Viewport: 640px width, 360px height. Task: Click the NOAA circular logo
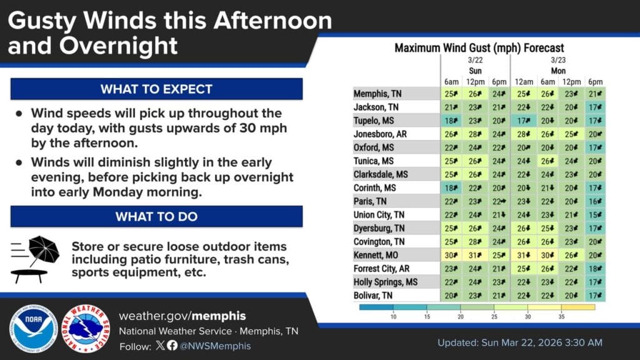(x=34, y=329)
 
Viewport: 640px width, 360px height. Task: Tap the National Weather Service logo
(x=86, y=329)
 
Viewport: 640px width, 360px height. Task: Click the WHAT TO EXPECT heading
(x=156, y=89)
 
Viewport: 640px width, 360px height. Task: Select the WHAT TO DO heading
(x=156, y=216)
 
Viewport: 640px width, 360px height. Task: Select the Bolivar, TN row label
(x=373, y=296)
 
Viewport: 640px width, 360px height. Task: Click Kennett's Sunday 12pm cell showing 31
(x=475, y=255)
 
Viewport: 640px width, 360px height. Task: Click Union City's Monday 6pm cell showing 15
(x=595, y=215)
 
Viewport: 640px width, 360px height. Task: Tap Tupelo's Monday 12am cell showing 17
(x=524, y=121)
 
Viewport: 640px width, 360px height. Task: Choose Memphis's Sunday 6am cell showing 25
(x=451, y=94)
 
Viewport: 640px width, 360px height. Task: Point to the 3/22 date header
(x=475, y=60)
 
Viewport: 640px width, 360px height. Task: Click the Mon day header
(x=558, y=71)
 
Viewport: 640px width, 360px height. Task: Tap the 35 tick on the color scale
(x=561, y=316)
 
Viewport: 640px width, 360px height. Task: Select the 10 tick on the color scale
(x=393, y=316)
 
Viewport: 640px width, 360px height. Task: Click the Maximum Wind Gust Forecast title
(x=479, y=47)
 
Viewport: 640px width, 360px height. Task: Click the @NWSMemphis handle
(x=215, y=346)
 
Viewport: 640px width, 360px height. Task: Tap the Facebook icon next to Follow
(x=172, y=345)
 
